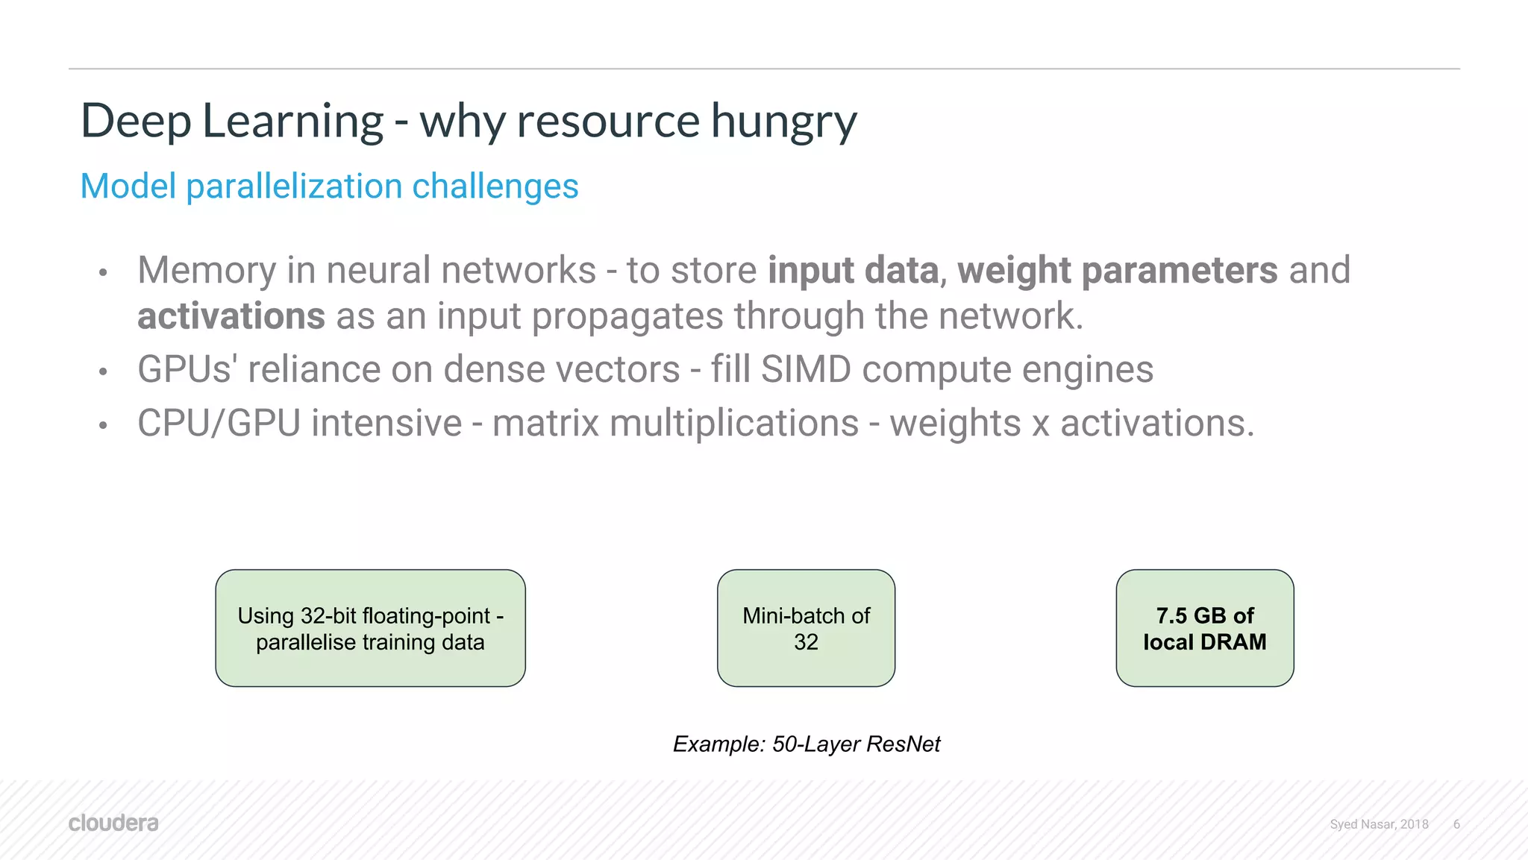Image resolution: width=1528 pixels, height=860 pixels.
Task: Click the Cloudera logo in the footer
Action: point(113,823)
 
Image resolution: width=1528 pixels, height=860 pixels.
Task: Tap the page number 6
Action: point(1456,824)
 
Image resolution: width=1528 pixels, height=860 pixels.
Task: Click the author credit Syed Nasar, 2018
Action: point(1379,824)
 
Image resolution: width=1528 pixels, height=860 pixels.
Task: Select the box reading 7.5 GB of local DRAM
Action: point(1204,628)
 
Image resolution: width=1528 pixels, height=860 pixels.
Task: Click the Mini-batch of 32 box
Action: point(806,628)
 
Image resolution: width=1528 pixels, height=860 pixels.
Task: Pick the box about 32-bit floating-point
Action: point(370,628)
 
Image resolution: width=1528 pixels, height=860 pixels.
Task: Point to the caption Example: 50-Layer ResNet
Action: point(806,744)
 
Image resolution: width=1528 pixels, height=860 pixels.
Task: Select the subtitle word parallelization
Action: point(294,186)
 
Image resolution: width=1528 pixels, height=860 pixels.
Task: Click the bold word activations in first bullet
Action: point(231,316)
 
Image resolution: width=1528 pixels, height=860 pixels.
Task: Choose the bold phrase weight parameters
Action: point(1117,270)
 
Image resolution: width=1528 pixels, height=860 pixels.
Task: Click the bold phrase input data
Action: point(853,270)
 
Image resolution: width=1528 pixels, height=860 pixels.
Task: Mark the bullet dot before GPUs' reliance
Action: point(104,371)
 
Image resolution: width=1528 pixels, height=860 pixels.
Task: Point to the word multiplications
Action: point(734,423)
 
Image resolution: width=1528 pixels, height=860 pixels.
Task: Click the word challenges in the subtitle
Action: point(495,186)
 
